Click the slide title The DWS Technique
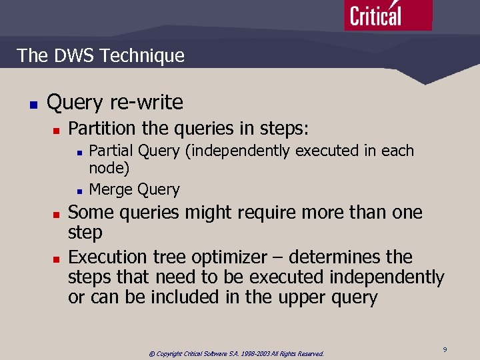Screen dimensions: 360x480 101,55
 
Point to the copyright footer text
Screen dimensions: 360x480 236,354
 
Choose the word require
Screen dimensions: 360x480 229,213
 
